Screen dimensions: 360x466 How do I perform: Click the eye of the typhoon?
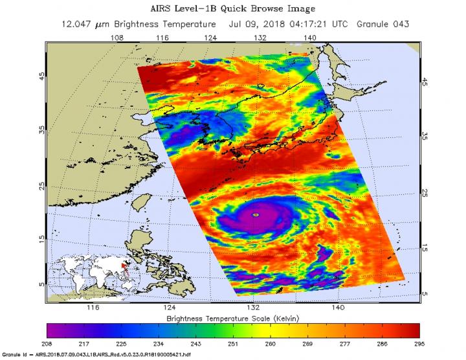tap(256, 214)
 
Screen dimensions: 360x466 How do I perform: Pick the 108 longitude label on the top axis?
tap(117, 38)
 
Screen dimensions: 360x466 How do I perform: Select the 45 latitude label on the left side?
tap(42, 75)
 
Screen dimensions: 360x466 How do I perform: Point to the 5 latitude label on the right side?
tap(425, 293)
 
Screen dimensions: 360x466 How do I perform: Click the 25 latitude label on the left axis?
tap(42, 186)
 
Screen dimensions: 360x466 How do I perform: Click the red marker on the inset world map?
tap(124, 265)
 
